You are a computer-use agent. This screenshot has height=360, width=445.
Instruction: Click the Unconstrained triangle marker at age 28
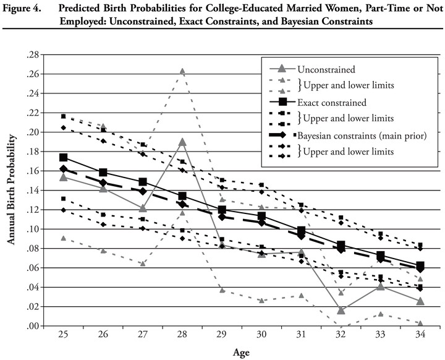182,142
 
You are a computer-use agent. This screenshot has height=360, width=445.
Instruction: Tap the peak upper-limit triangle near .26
182,71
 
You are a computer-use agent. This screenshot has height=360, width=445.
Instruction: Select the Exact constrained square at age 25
63,157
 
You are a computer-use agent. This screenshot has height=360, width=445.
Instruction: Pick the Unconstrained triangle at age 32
341,311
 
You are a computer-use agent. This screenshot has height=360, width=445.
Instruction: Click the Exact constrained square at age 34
420,265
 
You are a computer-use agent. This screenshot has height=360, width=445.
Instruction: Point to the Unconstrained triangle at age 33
381,286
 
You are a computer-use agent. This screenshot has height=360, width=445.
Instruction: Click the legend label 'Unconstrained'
326,69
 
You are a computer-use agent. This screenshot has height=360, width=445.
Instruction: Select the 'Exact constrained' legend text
332,102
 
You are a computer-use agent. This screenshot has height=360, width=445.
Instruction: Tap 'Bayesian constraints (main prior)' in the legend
362,135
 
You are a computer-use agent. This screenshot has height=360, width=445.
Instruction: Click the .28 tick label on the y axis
33,55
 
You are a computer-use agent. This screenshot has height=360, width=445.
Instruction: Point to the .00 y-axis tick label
33,326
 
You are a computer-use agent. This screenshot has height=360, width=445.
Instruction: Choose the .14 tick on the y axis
33,191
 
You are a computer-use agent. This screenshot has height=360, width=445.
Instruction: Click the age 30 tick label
261,335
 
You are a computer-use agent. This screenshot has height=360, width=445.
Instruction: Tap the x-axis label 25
63,335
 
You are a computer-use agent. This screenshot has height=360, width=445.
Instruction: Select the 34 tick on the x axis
420,335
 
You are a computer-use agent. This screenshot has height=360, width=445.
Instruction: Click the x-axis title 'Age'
241,353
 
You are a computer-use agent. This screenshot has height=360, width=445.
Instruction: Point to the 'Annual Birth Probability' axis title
11,189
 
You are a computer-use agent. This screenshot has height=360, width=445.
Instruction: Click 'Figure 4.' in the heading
22,8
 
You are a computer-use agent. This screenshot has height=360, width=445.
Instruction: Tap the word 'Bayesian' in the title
300,22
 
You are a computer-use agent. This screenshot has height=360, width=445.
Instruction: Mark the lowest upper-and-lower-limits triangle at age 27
143,264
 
